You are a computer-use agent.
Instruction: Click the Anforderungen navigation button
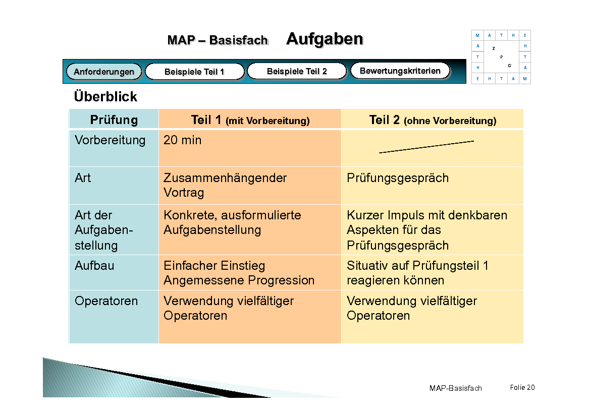click(104, 72)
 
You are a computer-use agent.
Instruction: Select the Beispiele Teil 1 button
click(194, 72)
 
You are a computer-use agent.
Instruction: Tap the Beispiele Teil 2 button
click(297, 71)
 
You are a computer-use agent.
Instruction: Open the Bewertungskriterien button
click(400, 71)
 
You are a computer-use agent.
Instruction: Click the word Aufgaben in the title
click(325, 39)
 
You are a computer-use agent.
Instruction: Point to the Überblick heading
click(105, 96)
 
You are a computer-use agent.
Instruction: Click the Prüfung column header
click(114, 120)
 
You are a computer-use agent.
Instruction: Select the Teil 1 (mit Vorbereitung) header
click(250, 120)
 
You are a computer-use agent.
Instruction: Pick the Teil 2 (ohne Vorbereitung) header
click(433, 120)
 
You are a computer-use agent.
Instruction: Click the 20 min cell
click(182, 140)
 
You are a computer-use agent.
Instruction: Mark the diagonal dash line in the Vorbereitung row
click(426, 146)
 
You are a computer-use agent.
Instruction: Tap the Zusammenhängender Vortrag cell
click(225, 185)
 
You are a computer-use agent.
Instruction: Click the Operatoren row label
click(106, 301)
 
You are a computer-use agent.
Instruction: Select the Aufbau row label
click(94, 266)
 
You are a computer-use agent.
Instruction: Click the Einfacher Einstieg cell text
click(214, 266)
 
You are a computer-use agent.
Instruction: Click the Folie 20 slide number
click(522, 387)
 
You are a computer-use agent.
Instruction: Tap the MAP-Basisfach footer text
click(455, 388)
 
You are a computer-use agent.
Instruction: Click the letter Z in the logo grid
click(493, 48)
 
